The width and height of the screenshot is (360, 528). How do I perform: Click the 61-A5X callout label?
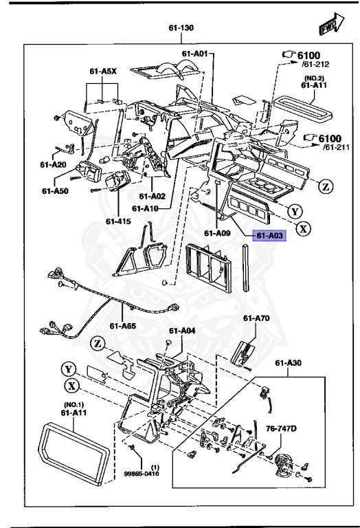102,70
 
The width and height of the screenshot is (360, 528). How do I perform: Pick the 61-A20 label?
53,165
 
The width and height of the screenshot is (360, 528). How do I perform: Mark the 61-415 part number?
118,221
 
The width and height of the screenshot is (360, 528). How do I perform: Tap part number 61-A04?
183,331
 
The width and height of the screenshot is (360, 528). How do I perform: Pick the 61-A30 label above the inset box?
289,363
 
